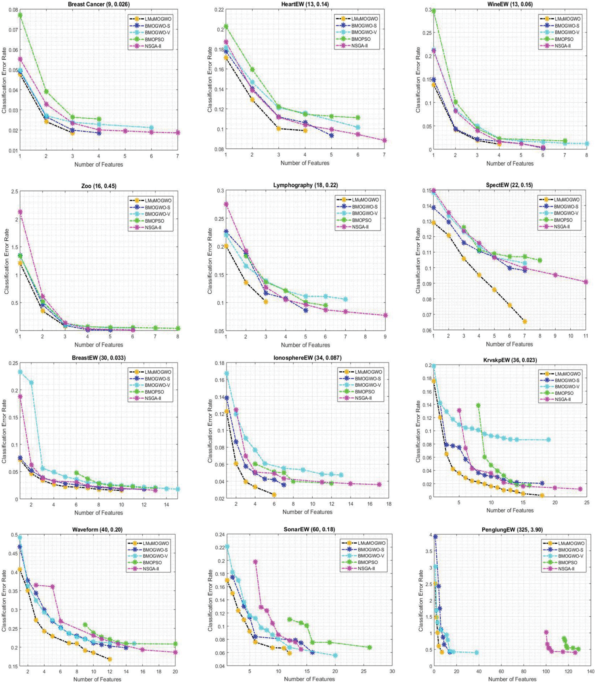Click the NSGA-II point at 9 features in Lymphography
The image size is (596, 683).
385,315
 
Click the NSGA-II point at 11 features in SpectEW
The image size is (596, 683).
586,282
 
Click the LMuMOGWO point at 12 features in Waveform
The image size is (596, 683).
109,659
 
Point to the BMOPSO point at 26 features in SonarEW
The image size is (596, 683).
369,648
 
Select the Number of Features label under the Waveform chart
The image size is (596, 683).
97,679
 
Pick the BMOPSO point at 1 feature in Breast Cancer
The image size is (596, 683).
20,15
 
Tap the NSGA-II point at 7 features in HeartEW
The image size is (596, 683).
384,140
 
